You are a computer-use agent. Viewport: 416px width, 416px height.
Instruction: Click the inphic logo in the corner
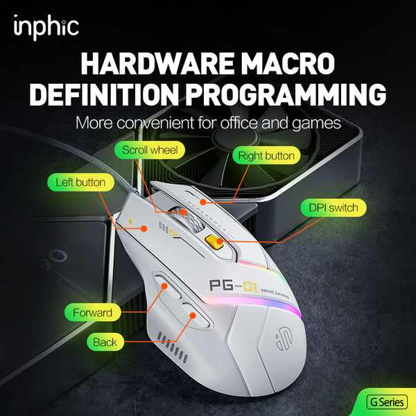46,27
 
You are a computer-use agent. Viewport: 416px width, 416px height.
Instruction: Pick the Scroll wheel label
150,150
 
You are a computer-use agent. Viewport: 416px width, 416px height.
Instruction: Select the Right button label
266,155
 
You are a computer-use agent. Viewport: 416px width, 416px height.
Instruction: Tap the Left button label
80,182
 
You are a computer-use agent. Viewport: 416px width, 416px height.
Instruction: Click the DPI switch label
333,207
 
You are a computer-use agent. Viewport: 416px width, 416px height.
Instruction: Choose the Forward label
92,313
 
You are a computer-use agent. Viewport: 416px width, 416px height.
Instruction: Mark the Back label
105,342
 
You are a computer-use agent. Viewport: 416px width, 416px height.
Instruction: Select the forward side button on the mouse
164,286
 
